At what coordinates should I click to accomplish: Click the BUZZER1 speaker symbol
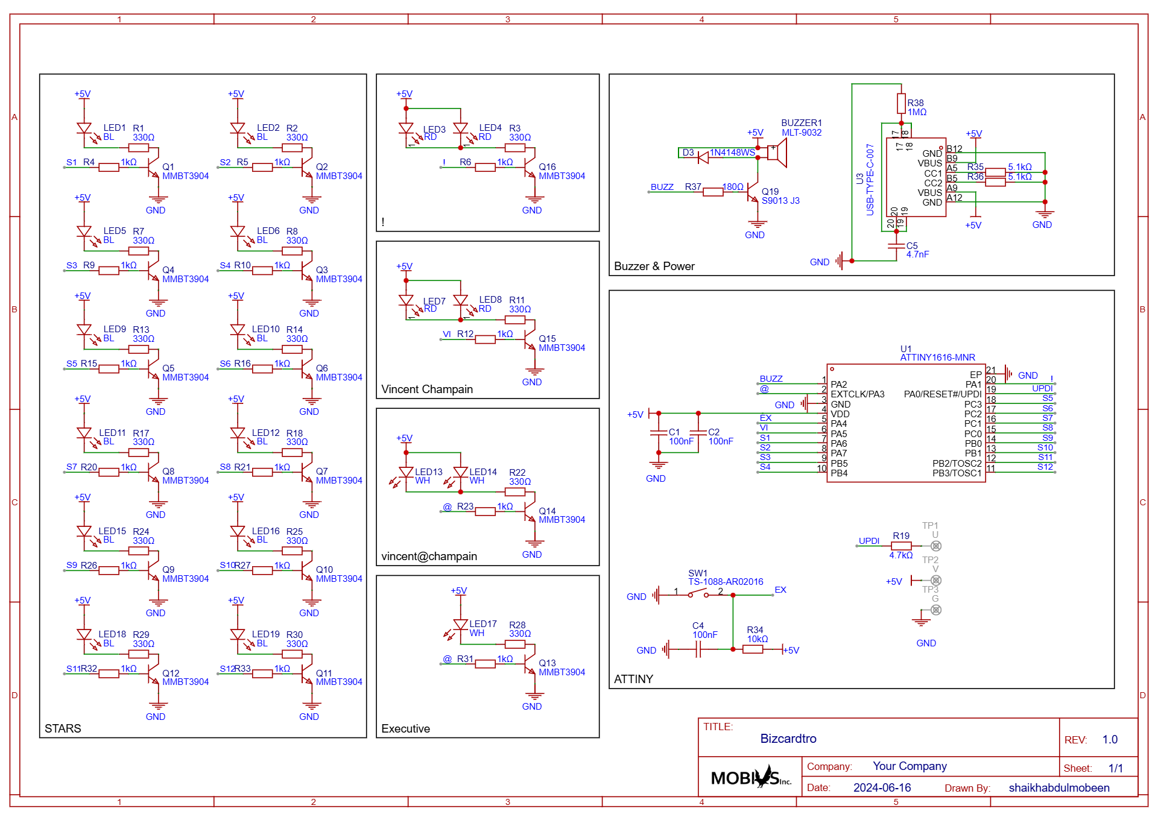(x=777, y=153)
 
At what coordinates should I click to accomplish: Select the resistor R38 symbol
(x=901, y=103)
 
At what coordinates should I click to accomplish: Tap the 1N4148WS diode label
(x=732, y=152)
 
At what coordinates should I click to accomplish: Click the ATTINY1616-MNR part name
(x=937, y=358)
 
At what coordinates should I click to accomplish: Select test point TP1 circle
(x=935, y=546)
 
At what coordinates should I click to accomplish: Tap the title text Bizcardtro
(x=788, y=739)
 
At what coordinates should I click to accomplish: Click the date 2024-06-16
(x=882, y=787)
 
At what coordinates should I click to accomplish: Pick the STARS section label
(x=63, y=728)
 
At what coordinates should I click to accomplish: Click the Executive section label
(x=405, y=728)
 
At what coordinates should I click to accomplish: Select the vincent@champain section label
(x=429, y=556)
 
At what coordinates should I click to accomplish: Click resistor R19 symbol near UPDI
(x=901, y=546)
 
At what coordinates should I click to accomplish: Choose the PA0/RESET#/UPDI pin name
(x=943, y=394)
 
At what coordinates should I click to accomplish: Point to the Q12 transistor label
(x=171, y=673)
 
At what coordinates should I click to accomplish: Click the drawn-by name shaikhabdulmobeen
(x=1059, y=787)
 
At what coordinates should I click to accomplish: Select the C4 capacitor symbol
(x=697, y=649)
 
